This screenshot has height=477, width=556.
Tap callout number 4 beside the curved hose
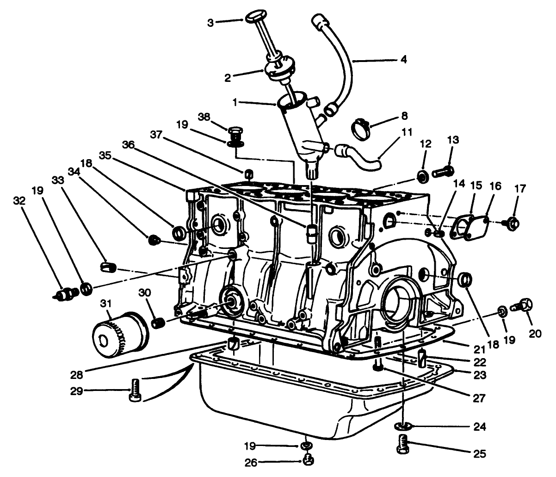(x=403, y=60)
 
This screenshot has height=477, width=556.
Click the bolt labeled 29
(x=135, y=390)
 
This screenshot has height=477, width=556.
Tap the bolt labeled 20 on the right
(x=523, y=305)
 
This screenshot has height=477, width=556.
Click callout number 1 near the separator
(x=235, y=102)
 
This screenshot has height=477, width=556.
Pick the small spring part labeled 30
(x=159, y=322)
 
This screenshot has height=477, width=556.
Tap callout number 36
(x=128, y=145)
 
